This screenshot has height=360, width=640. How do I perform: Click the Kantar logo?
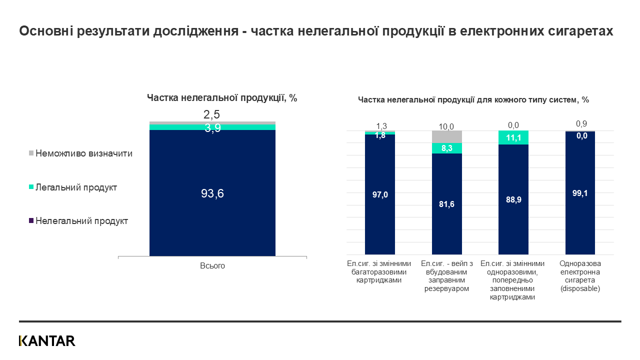click(47, 341)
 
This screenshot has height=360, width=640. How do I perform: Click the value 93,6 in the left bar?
click(212, 193)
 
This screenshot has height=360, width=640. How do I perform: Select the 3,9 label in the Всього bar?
click(212, 127)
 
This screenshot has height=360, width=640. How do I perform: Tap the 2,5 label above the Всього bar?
click(212, 115)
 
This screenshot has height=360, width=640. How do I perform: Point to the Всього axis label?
click(212, 266)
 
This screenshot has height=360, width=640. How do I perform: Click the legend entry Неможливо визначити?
click(83, 153)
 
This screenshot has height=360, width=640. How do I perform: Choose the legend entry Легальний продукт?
click(76, 187)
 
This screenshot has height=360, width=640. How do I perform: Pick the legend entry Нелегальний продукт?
click(81, 221)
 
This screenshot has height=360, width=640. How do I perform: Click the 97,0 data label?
click(380, 195)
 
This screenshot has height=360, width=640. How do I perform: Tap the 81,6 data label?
click(447, 204)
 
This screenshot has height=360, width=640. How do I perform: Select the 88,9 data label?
click(513, 199)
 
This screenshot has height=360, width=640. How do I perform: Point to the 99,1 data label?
click(580, 193)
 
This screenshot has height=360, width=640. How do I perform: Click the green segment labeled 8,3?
click(447, 148)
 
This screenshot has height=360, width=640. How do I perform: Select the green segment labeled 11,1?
click(513, 137)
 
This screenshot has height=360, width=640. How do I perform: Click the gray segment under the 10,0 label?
click(447, 136)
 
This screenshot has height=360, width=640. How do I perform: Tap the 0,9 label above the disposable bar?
click(580, 123)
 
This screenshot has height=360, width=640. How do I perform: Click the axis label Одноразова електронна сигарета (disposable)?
click(580, 276)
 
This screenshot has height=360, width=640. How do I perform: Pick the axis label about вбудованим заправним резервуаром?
click(447, 276)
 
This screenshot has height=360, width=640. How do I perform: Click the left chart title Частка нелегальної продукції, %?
click(222, 98)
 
